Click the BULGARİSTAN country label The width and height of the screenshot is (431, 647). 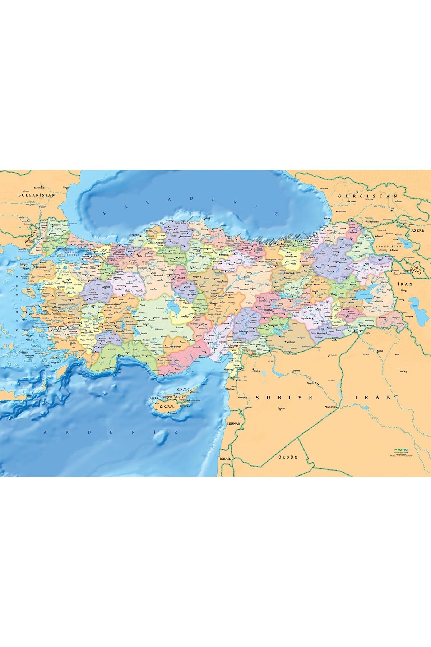37,194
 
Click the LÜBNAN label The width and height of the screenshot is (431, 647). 233,424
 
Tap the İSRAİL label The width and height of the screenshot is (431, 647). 227,459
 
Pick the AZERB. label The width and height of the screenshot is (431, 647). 418,230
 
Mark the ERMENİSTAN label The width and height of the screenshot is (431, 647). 388,246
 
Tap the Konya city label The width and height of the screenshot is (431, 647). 160,329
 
